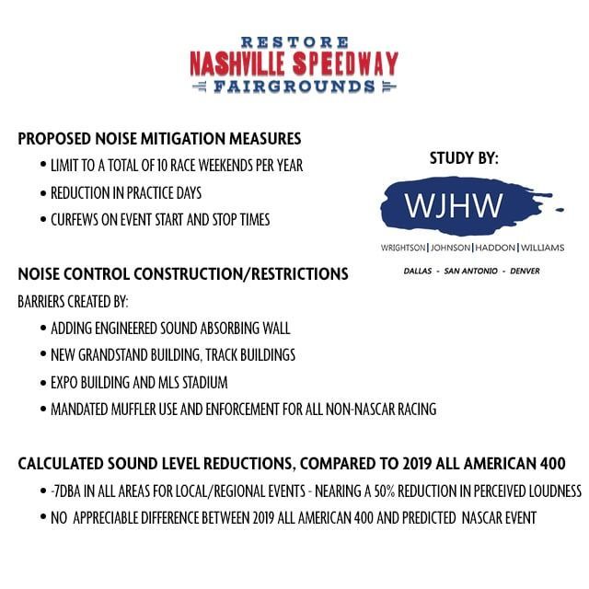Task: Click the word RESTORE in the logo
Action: [294, 42]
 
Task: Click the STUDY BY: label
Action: [464, 158]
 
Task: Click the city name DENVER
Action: [521, 271]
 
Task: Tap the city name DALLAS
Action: [422, 271]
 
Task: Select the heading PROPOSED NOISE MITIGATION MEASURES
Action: [159, 140]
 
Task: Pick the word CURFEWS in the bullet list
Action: [81, 220]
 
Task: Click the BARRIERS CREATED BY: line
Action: [74, 301]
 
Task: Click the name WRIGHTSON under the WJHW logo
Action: [403, 248]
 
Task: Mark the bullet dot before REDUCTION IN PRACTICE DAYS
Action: [43, 193]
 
